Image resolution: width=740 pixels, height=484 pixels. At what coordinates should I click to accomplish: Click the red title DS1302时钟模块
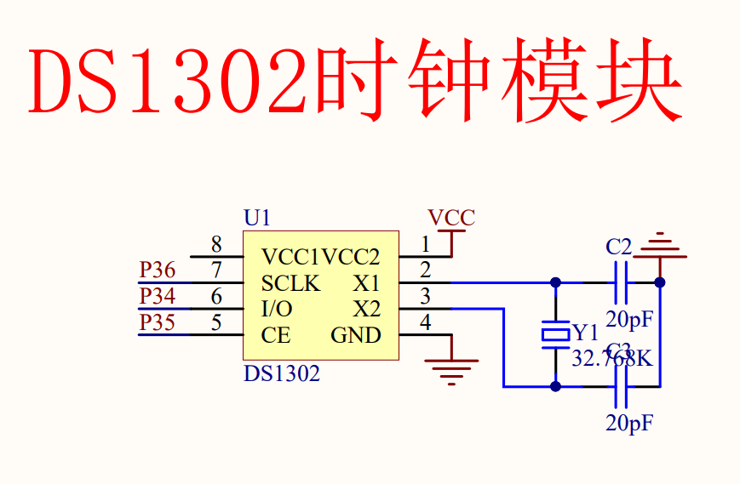click(356, 83)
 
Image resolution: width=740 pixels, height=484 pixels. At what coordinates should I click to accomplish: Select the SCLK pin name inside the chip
click(290, 282)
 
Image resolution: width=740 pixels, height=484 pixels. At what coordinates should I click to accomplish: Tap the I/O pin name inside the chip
click(277, 309)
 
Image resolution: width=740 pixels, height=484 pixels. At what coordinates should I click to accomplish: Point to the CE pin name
click(276, 335)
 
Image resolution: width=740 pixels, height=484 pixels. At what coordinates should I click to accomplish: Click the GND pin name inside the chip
click(356, 335)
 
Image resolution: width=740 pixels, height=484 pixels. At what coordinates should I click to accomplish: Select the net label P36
click(158, 270)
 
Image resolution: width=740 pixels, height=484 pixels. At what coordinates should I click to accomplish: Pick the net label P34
click(158, 297)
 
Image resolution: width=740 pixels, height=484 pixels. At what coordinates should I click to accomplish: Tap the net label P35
click(158, 323)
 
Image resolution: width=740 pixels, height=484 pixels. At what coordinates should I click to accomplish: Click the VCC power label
click(451, 218)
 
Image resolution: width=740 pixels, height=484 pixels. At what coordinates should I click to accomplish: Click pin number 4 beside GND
click(425, 323)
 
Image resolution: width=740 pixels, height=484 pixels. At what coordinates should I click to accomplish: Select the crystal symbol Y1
click(556, 334)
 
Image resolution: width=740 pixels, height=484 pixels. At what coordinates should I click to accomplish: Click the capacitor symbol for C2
click(622, 282)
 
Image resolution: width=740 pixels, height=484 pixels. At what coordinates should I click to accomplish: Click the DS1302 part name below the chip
click(282, 373)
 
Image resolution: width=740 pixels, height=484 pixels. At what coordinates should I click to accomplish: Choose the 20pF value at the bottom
click(629, 423)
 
